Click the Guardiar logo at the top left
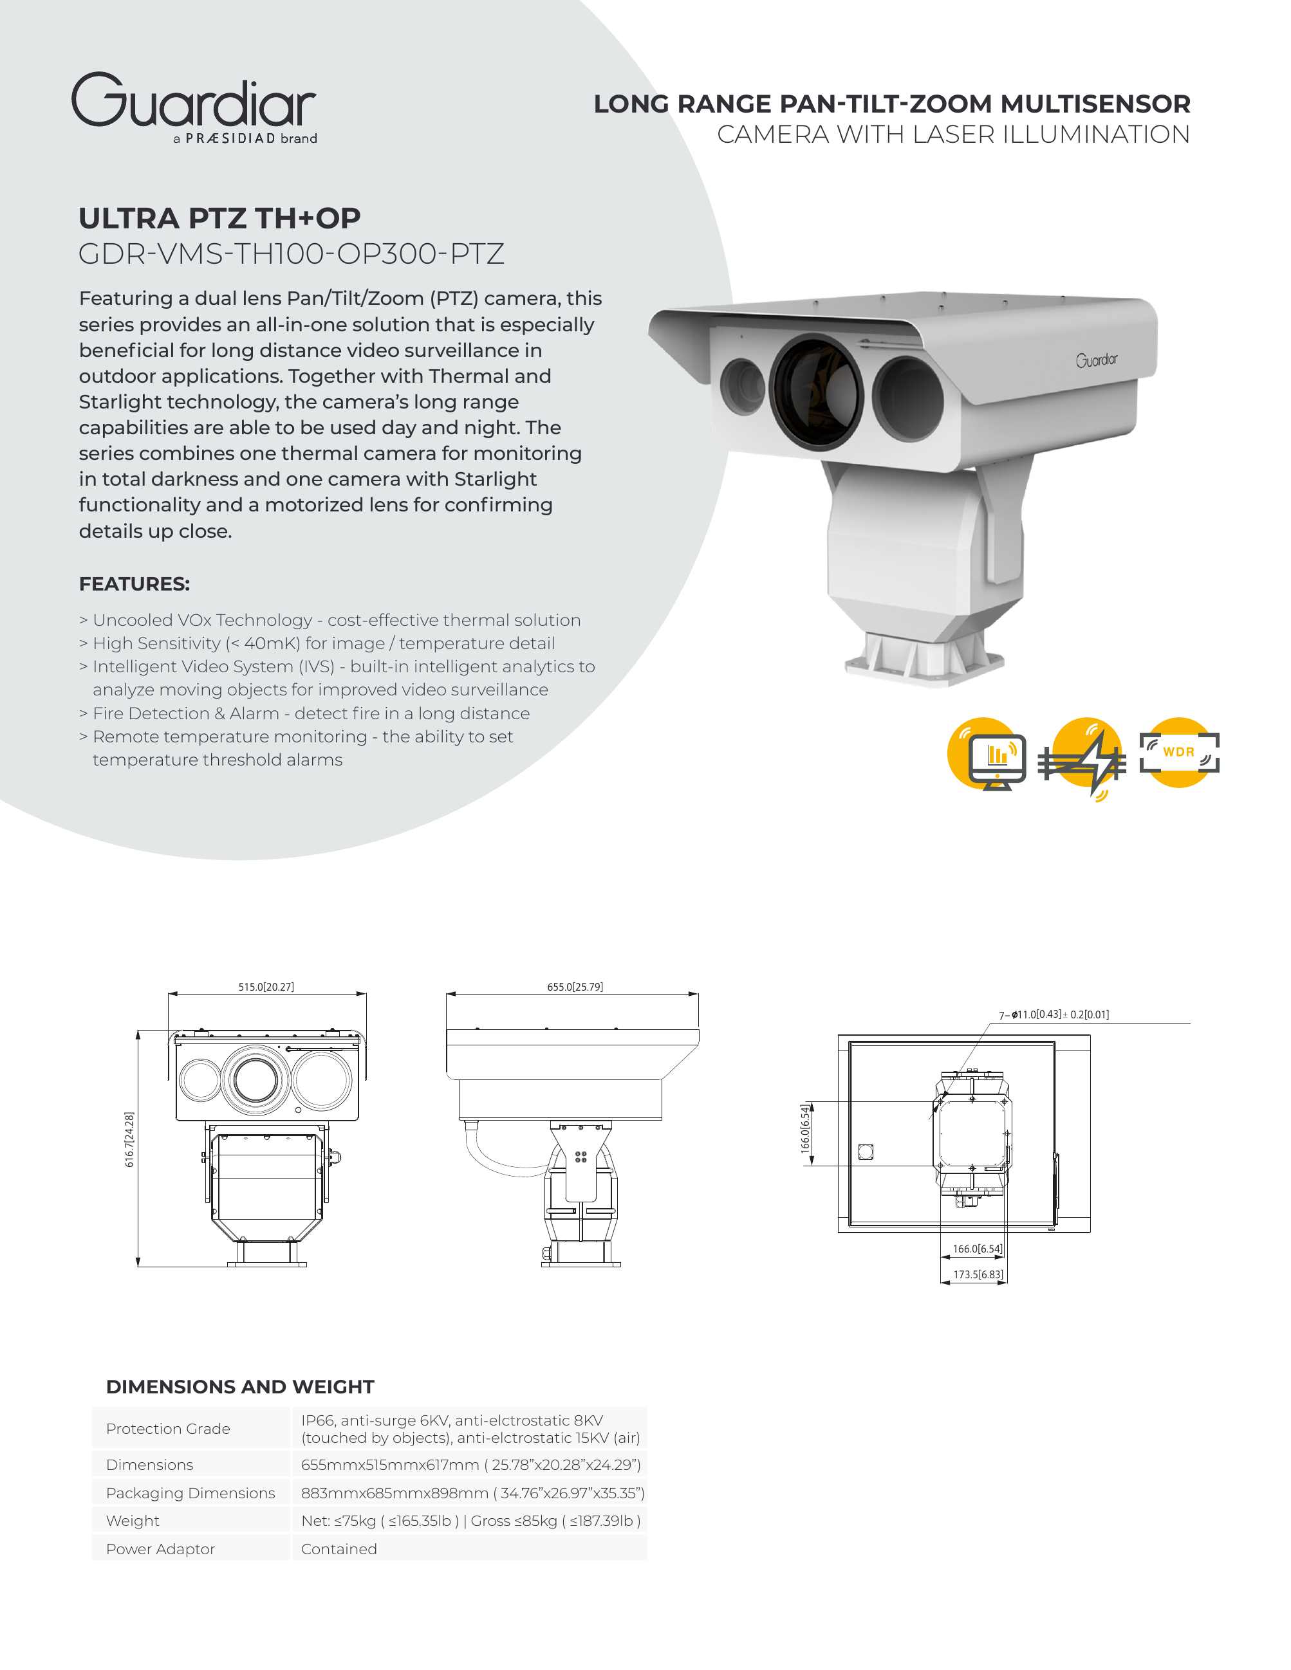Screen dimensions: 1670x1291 [x=194, y=107]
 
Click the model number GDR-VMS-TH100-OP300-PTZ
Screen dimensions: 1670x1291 [x=291, y=254]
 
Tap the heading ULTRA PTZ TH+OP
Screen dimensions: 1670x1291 [x=219, y=219]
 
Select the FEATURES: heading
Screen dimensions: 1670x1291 [x=134, y=583]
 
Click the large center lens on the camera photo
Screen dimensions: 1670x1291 [x=816, y=390]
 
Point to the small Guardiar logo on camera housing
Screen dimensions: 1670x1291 [x=1096, y=360]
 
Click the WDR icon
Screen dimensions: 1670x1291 [x=1178, y=753]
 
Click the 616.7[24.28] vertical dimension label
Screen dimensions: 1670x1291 [x=129, y=1139]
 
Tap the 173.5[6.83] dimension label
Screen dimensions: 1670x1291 [x=978, y=1274]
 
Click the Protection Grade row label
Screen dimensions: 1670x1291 [x=167, y=1428]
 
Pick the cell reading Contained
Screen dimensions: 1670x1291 [x=339, y=1548]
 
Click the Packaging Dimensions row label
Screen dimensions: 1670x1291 [x=190, y=1492]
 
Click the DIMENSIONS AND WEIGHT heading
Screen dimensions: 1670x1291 [x=239, y=1386]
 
